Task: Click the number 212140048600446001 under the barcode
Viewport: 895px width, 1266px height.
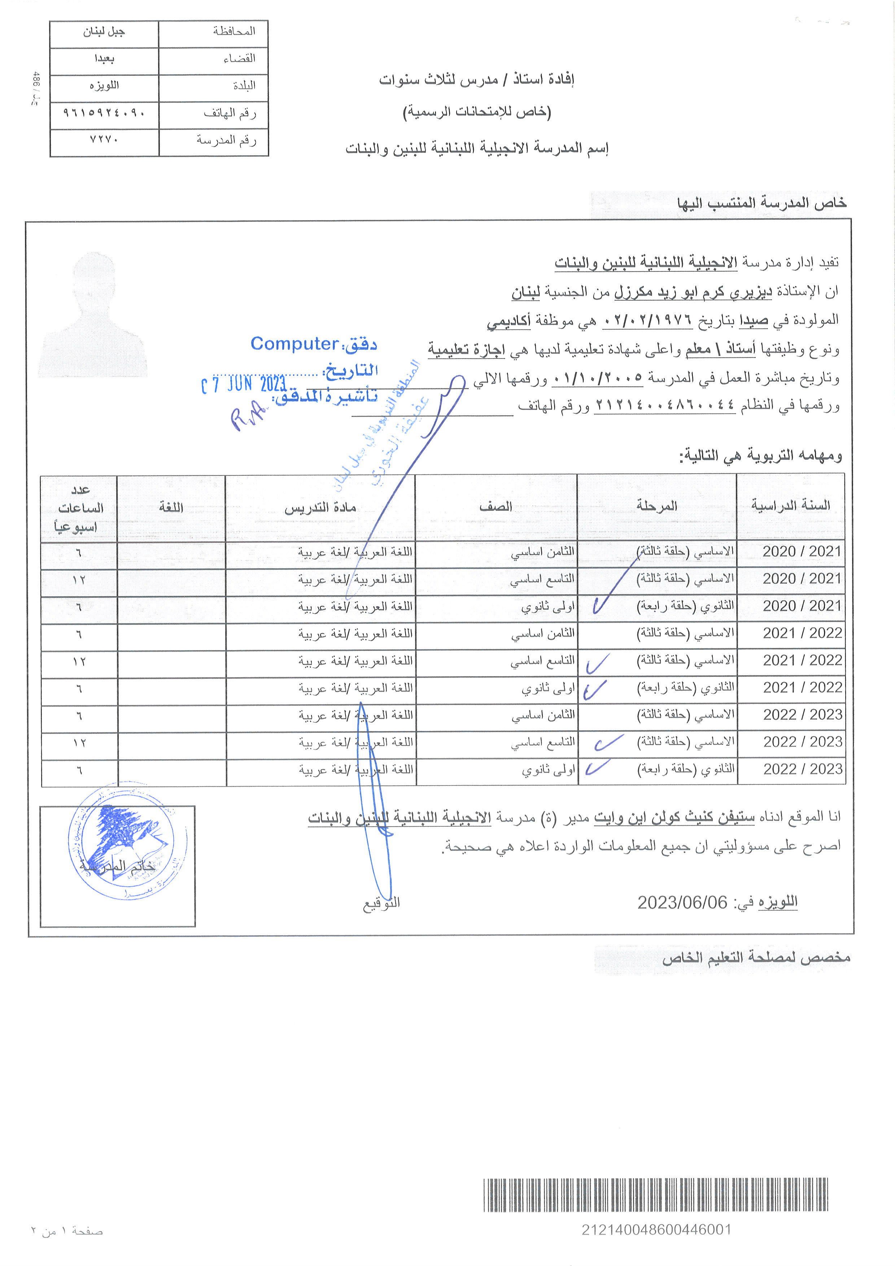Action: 656,1230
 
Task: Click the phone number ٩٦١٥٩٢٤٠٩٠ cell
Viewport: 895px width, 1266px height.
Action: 104,113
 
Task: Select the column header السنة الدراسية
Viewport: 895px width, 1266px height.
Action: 790,506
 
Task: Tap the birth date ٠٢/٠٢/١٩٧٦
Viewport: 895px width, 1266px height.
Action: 647,320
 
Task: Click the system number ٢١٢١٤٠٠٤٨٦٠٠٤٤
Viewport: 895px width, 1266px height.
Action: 665,406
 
